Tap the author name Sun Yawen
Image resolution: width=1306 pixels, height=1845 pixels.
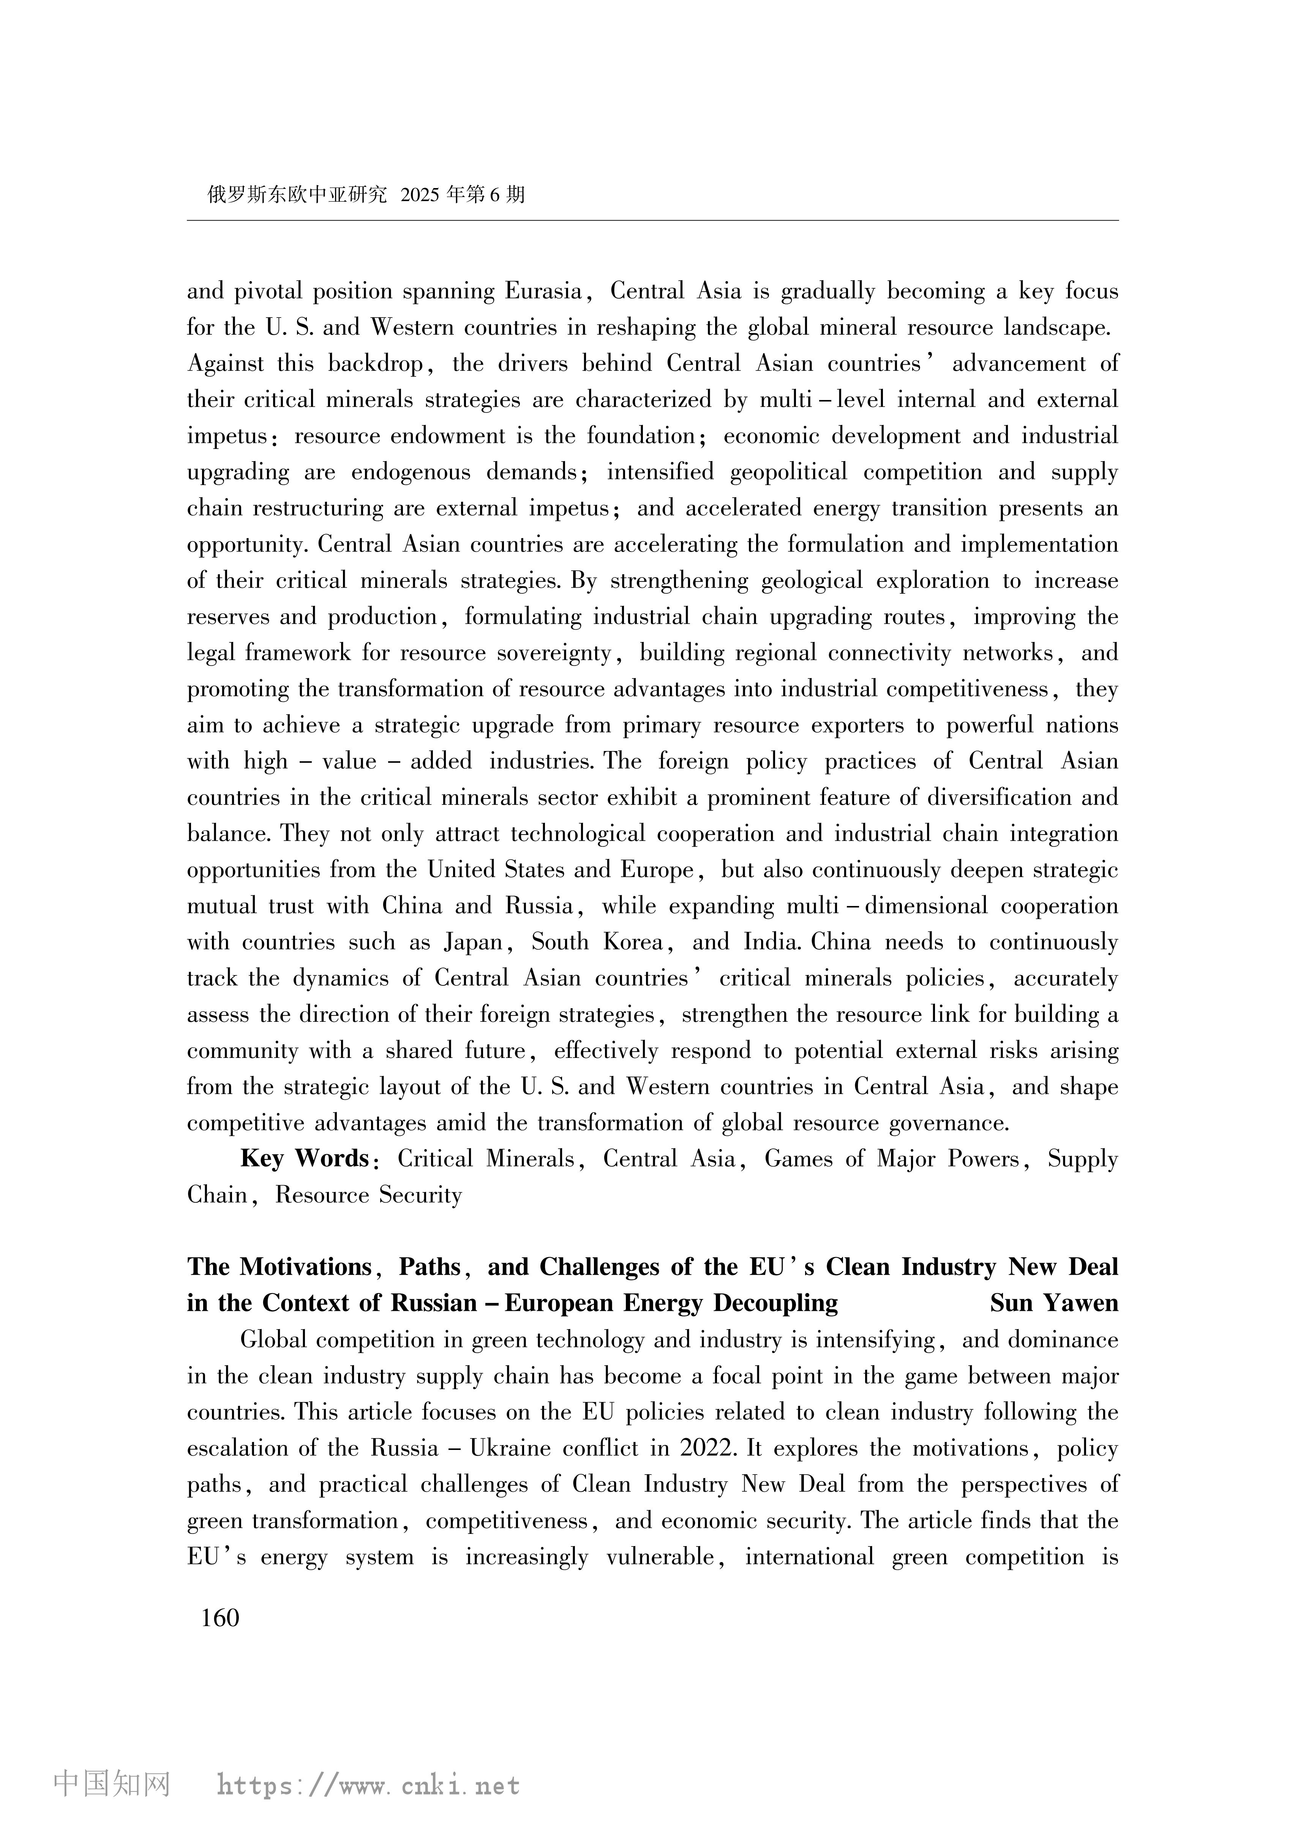(1053, 1303)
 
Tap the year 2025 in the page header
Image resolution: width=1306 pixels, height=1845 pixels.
(420, 194)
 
